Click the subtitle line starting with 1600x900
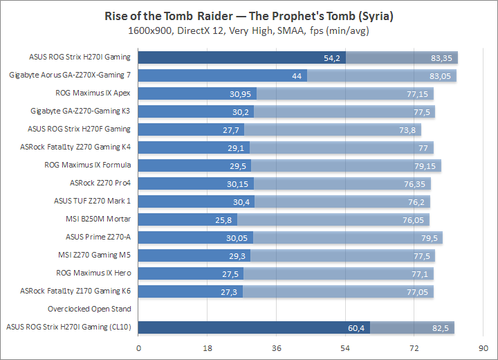coord(248,31)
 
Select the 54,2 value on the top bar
coord(333,57)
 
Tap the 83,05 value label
coord(441,75)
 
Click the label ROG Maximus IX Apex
coord(93,93)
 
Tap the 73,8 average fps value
coord(408,129)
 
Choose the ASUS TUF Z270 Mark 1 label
coord(92,201)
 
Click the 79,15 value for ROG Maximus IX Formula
coord(426,165)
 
